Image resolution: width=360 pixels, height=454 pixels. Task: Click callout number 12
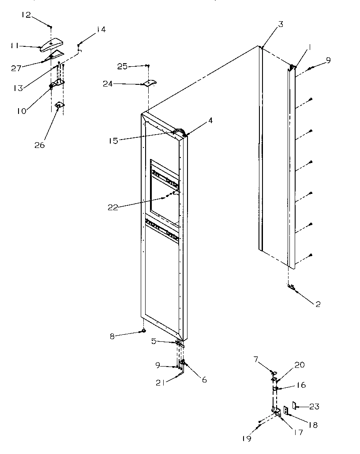coord(26,15)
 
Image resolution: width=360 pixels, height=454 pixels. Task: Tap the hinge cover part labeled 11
coord(52,44)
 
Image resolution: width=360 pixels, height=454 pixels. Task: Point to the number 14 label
coord(101,30)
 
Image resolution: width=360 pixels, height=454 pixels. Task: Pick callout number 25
coord(122,66)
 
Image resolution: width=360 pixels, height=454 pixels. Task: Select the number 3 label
coord(281,24)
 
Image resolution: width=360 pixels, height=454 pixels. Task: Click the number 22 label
coord(113,207)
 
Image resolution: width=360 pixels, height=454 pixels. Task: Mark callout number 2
coord(318,304)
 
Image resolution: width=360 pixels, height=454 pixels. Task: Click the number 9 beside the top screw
coord(328,60)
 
